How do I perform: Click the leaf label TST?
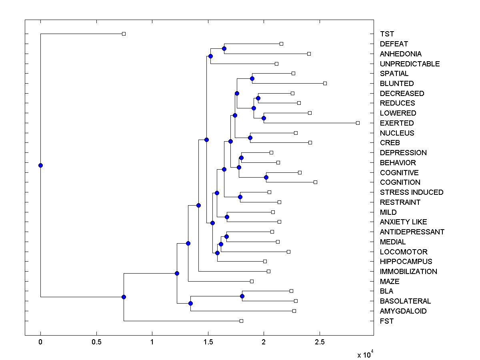pyautogui.click(x=387, y=34)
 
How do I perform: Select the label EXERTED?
pyautogui.click(x=397, y=123)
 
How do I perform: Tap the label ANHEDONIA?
pyautogui.click(x=400, y=54)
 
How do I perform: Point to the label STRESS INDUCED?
pyautogui.click(x=412, y=192)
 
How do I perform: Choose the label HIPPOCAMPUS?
pyautogui.click(x=406, y=262)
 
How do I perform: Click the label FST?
pyautogui.click(x=387, y=321)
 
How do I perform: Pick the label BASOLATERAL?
pyautogui.click(x=405, y=301)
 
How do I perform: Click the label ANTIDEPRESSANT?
pyautogui.click(x=412, y=232)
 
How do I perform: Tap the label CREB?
pyautogui.click(x=390, y=143)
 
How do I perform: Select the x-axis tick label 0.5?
pyautogui.click(x=96, y=342)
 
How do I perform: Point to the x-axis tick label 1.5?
pyautogui.click(x=208, y=342)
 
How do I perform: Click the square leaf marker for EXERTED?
pyautogui.click(x=358, y=123)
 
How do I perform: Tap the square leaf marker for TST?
pyautogui.click(x=124, y=34)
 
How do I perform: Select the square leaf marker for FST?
pyautogui.click(x=241, y=321)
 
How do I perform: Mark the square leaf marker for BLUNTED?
pyautogui.click(x=325, y=83)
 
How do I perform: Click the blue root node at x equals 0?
pyautogui.click(x=40, y=165)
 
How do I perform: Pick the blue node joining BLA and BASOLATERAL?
pyautogui.click(x=242, y=296)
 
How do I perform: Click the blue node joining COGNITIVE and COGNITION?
pyautogui.click(x=266, y=177)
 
